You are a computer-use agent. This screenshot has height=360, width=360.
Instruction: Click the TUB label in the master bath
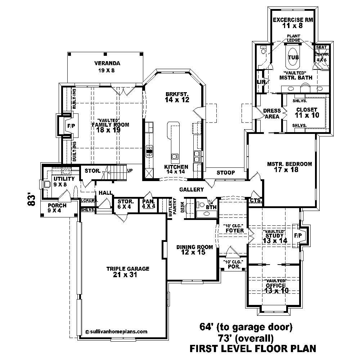point(293,58)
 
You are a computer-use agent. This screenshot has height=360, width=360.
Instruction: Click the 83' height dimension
point(32,200)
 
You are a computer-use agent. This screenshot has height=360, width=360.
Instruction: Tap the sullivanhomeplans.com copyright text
point(117,332)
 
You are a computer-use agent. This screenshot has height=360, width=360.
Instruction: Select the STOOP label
point(226,173)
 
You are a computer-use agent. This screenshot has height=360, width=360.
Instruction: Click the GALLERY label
point(192,189)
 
